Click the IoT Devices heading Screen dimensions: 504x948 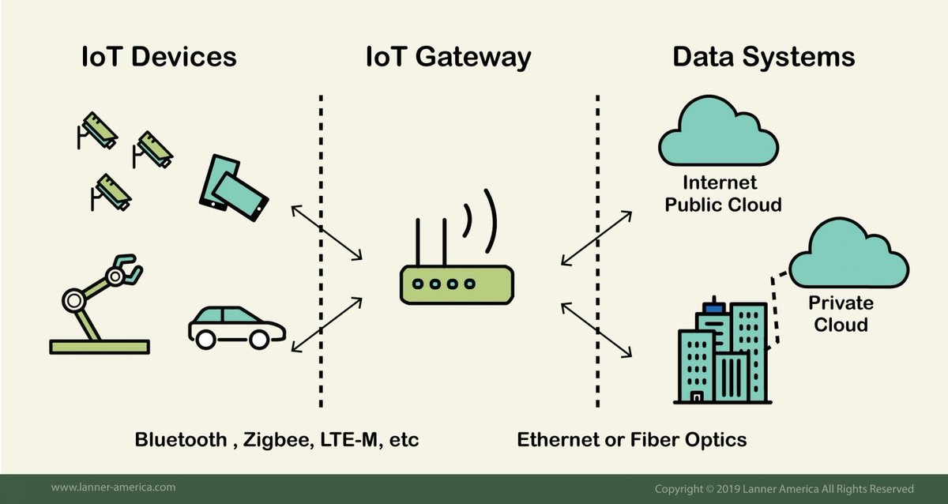(x=159, y=58)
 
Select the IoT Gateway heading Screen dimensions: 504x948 (x=448, y=58)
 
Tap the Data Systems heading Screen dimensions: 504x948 (x=763, y=58)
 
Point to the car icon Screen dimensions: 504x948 (x=236, y=325)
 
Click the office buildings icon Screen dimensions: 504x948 (x=722, y=352)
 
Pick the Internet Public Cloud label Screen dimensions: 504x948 (x=722, y=194)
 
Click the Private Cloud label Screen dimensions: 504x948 (x=841, y=314)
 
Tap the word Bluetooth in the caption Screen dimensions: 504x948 (x=181, y=439)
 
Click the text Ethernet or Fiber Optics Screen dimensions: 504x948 (x=631, y=439)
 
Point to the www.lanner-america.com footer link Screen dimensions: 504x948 (x=113, y=487)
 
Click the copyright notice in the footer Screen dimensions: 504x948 (x=784, y=488)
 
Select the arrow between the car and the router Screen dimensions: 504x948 (x=327, y=324)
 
